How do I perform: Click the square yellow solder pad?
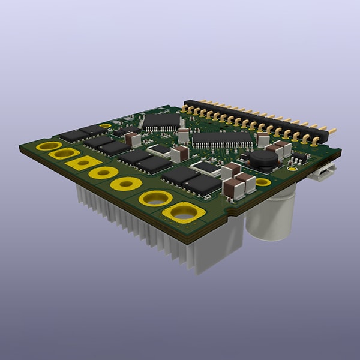tap(83, 162)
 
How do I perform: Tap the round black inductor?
tap(264, 158)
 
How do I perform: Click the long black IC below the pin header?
tap(222, 139)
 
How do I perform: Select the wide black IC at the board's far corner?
tap(161, 121)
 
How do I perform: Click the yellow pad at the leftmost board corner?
tap(48, 146)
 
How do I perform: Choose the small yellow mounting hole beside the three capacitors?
tap(263, 182)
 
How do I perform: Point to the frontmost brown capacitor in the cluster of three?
tap(234, 189)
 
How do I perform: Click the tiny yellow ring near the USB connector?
tap(292, 169)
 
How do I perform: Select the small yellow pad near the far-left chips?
tap(105, 126)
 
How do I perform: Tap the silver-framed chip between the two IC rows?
tap(160, 150)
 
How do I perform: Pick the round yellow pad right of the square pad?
tap(103, 173)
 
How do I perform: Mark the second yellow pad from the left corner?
tap(64, 154)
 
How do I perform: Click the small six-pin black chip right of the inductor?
tap(298, 158)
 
